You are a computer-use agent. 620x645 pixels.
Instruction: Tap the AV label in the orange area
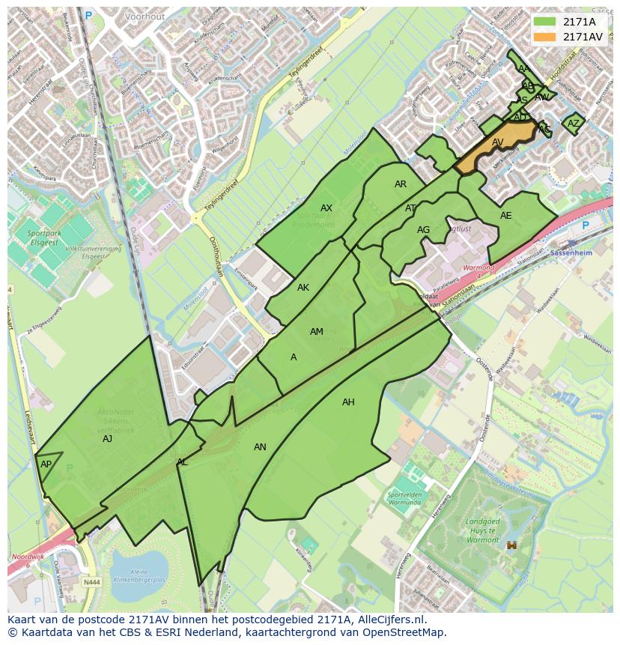point(498,142)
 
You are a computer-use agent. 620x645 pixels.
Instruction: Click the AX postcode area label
point(326,208)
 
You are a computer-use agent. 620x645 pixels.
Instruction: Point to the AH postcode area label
point(348,402)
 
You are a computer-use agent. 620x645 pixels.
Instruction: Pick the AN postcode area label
point(260,447)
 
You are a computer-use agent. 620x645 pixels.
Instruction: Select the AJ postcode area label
point(107,439)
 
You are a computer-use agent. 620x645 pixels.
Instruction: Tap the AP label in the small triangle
point(46,464)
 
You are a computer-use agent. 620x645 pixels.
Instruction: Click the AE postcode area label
point(506,216)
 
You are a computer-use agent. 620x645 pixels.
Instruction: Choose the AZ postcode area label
point(574,124)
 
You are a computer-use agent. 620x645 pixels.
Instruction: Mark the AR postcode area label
point(401,184)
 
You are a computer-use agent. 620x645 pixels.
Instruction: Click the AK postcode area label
point(303,288)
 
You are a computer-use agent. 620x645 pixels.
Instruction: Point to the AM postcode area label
point(317,332)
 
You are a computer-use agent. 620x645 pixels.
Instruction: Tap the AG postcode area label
point(424,230)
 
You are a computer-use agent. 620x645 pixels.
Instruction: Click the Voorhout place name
point(145,16)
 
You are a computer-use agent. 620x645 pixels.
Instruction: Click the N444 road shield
point(92,581)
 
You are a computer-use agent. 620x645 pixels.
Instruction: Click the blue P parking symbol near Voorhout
point(88,15)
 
